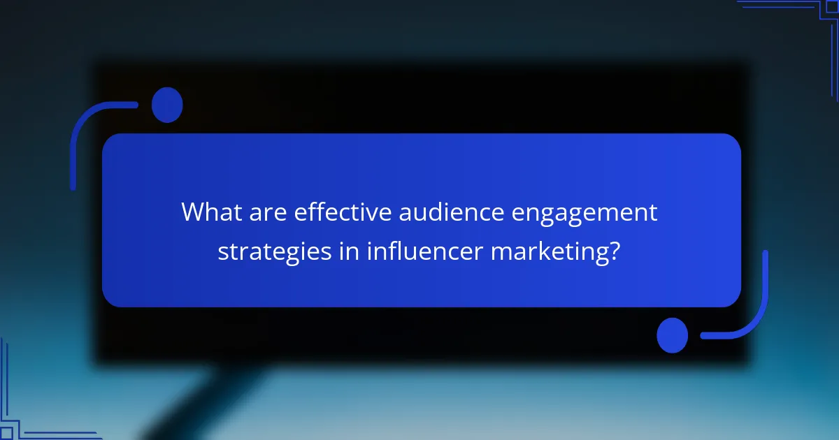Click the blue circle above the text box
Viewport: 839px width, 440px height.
[167, 105]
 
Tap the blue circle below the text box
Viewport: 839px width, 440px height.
[673, 335]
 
